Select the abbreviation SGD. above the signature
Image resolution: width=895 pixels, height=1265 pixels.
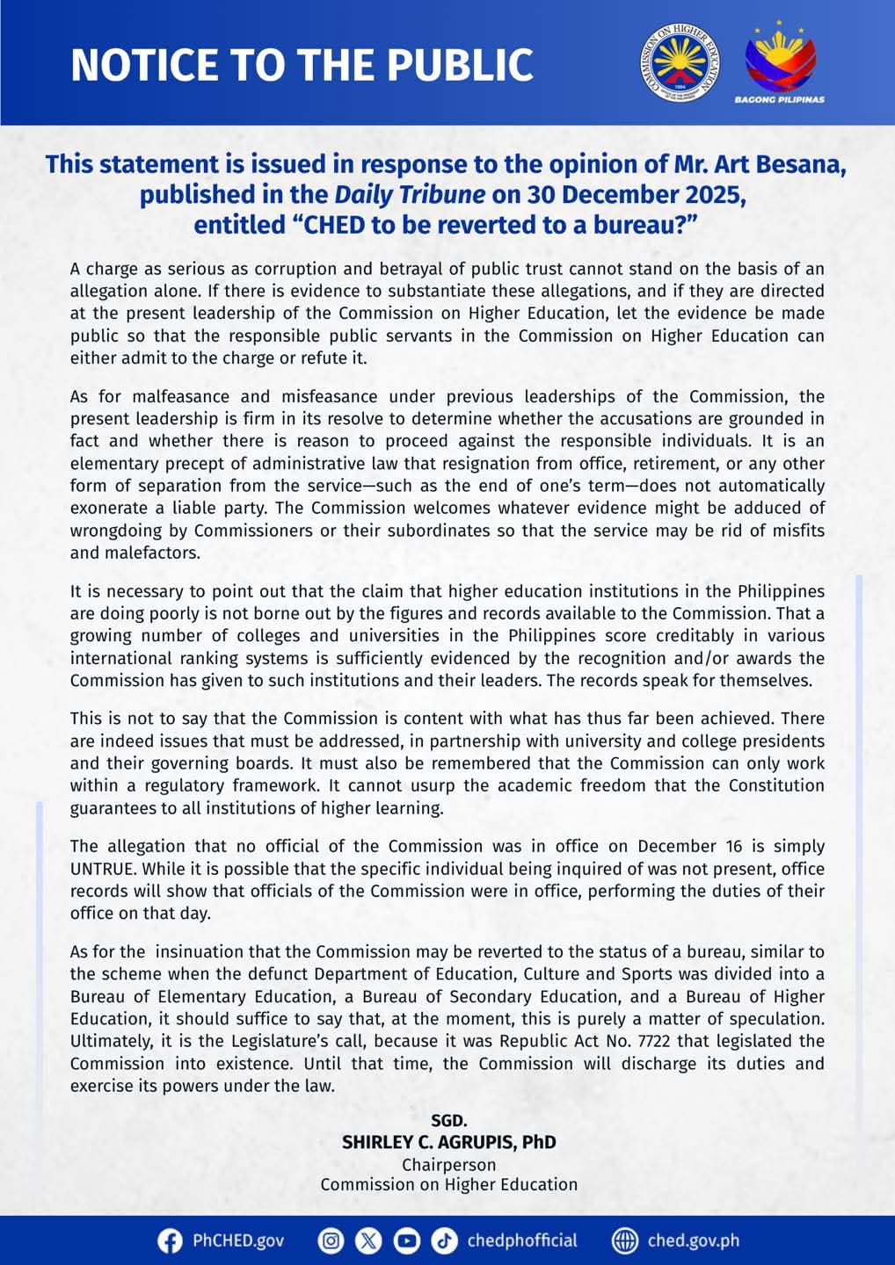(448, 1121)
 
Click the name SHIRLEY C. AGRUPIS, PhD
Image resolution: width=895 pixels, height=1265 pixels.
(448, 1142)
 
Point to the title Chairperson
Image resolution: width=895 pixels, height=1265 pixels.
(448, 1165)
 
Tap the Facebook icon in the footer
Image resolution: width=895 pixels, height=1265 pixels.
(170, 1240)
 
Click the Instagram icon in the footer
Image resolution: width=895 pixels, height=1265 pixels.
(331, 1240)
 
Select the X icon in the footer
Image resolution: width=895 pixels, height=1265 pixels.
(368, 1240)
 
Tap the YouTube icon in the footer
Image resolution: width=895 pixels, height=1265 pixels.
(406, 1240)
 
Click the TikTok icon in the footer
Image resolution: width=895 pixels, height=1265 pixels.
(444, 1240)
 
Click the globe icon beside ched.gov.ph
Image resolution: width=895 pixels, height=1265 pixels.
(624, 1240)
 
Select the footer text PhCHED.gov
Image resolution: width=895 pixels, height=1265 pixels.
(238, 1240)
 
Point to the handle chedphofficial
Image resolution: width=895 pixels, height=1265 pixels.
(522, 1240)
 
